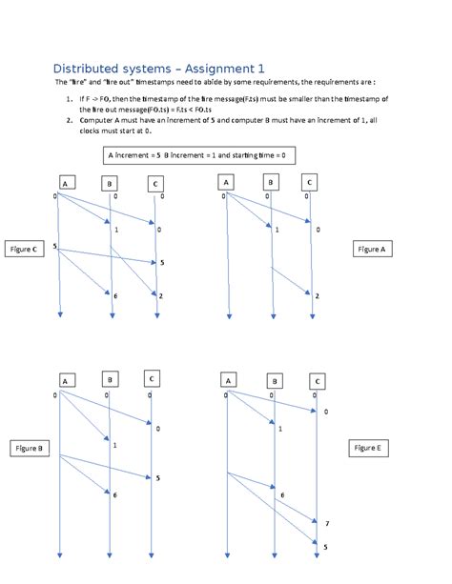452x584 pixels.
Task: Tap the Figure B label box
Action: tap(26, 448)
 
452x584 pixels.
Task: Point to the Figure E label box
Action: tap(369, 448)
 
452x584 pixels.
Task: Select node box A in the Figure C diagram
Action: tap(64, 183)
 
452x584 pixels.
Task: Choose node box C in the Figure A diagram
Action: tap(309, 182)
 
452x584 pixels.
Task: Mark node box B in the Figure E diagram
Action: tap(274, 381)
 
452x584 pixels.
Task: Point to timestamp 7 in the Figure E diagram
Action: tap(326, 525)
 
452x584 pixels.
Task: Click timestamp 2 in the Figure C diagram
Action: tap(161, 296)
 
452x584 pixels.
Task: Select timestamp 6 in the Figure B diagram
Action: tap(114, 495)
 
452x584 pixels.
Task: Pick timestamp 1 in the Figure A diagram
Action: tap(277, 231)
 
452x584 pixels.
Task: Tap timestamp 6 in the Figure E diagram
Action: tap(282, 495)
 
